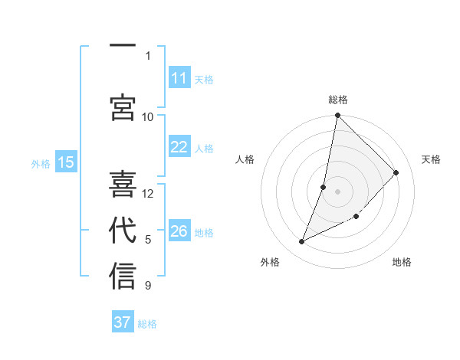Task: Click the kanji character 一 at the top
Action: click(x=123, y=47)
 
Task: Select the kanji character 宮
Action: click(x=123, y=108)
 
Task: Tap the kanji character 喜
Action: click(x=123, y=184)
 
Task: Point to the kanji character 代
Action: click(x=123, y=231)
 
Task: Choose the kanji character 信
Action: click(x=123, y=277)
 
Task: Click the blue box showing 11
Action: click(x=179, y=78)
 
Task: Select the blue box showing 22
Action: click(x=179, y=147)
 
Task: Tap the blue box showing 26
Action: click(x=179, y=231)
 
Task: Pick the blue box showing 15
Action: click(x=66, y=162)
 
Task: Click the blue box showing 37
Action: click(x=123, y=322)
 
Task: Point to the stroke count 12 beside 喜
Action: click(x=148, y=193)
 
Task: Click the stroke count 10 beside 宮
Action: click(x=148, y=116)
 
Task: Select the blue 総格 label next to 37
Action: click(x=147, y=323)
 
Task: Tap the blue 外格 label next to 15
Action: click(x=41, y=163)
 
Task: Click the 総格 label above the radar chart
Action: click(x=338, y=100)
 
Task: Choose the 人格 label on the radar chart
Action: click(x=245, y=159)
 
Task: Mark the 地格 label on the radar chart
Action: click(x=402, y=262)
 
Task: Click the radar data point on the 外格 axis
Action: click(x=302, y=242)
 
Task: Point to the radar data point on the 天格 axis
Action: click(x=396, y=172)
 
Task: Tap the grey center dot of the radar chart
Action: click(x=337, y=191)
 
